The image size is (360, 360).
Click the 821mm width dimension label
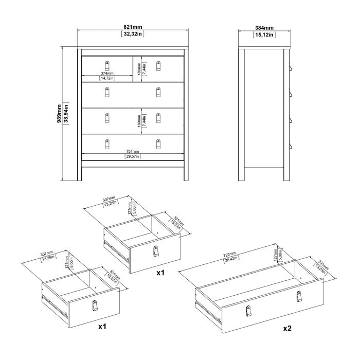pos(133,28)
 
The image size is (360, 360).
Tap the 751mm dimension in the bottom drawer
pos(133,152)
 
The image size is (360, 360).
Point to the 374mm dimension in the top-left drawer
pos(106,73)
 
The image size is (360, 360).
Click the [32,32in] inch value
pos(133,34)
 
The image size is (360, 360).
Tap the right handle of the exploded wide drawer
pos(298,296)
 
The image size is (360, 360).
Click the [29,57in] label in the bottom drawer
pos(133,157)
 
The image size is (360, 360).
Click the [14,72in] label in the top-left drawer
pos(106,78)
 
